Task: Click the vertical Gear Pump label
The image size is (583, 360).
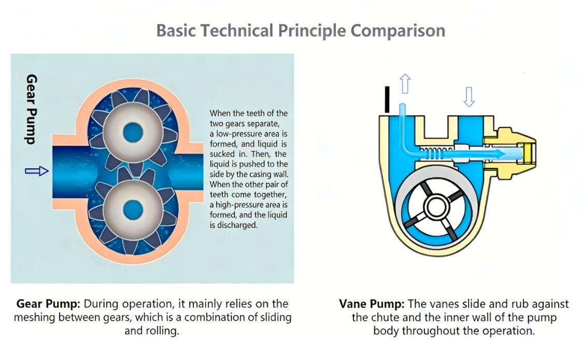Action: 32,109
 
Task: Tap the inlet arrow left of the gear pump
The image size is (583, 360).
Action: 36,171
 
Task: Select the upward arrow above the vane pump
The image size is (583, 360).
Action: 405,83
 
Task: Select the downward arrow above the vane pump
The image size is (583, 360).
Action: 468,96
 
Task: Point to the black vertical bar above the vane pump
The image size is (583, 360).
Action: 386,99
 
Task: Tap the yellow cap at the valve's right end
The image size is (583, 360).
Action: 528,153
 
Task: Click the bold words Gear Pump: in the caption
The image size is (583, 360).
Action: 48,304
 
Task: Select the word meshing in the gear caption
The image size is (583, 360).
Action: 34,317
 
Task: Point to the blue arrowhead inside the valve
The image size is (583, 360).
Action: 501,153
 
